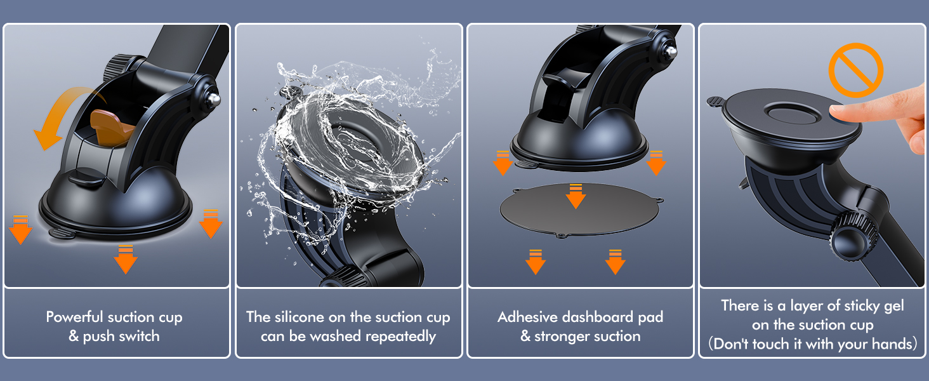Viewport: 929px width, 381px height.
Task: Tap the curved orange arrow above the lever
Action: [62, 109]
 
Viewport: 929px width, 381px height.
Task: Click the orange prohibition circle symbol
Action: [855, 70]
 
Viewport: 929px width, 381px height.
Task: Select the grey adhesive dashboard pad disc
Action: [579, 210]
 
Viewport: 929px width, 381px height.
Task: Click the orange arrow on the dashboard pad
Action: [576, 196]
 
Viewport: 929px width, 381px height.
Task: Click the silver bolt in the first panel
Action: [214, 99]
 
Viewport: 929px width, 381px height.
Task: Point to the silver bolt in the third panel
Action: [671, 52]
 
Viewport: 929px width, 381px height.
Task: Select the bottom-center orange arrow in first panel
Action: [125, 259]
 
